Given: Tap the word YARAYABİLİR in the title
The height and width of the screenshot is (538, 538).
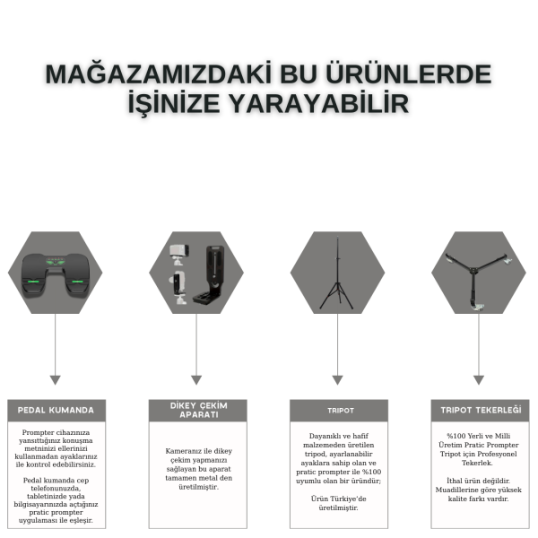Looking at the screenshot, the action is click(x=318, y=102).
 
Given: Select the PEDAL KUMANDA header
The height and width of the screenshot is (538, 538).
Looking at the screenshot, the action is click(x=56, y=410).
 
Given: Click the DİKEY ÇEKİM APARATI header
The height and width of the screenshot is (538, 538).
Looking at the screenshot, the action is click(x=199, y=410).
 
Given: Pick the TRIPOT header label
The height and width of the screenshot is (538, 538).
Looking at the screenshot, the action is click(x=341, y=411).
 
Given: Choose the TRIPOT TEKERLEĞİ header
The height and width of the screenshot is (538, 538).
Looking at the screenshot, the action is click(x=481, y=410).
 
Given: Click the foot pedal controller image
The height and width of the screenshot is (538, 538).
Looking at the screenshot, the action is click(x=56, y=274).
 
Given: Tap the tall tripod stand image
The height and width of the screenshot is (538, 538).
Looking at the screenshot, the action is click(x=337, y=273).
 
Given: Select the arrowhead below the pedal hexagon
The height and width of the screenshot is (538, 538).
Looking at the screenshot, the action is click(x=56, y=380).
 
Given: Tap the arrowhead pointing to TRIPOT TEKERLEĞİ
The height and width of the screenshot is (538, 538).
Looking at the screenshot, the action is click(x=479, y=380).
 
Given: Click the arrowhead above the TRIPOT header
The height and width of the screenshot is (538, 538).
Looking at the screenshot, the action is click(x=338, y=380).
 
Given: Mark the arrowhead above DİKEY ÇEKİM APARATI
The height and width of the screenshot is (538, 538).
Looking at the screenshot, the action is click(x=196, y=380).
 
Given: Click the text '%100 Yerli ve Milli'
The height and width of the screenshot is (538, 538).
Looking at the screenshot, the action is click(x=478, y=436).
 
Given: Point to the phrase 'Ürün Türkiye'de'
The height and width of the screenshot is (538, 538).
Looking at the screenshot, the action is click(x=339, y=499).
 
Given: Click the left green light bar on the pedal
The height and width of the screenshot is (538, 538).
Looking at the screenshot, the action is click(x=33, y=282).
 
